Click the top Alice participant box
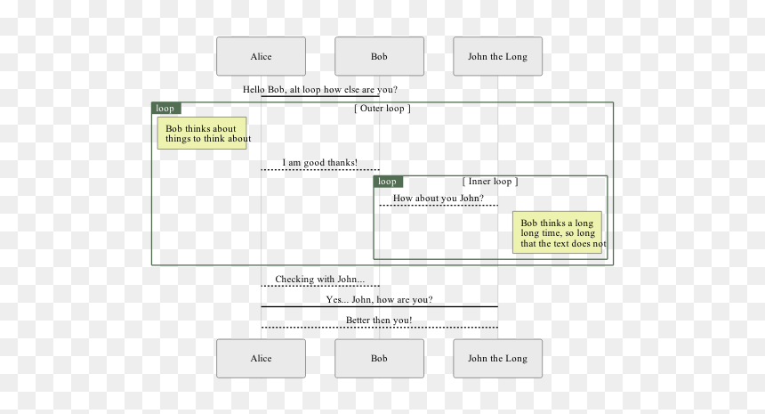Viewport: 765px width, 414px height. coord(261,56)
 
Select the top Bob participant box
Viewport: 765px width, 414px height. coord(379,56)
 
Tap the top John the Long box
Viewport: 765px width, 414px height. coord(497,56)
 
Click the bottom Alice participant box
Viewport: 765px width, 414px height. coord(261,358)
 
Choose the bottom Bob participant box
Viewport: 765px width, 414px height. coord(379,358)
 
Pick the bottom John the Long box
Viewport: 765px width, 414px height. coord(497,358)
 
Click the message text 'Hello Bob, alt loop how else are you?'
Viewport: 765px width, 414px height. coord(320,89)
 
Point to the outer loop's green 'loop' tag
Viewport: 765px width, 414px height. coord(166,109)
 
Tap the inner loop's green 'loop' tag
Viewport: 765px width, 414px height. coord(389,182)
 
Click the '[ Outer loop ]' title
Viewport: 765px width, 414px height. coord(382,109)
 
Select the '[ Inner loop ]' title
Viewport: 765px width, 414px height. coord(490,182)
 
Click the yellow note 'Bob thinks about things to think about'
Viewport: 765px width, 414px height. coord(202,134)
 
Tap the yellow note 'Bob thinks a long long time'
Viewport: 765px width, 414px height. coord(557,232)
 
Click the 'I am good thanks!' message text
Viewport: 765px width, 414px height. coord(320,163)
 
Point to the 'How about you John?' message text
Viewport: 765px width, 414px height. coord(439,199)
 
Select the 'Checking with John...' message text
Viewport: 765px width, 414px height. coord(320,280)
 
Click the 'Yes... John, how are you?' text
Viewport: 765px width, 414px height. coord(379,300)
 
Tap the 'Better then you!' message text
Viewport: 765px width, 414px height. coord(379,321)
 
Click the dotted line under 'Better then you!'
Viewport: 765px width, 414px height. coord(380,327)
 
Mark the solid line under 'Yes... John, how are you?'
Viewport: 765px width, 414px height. coord(380,306)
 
